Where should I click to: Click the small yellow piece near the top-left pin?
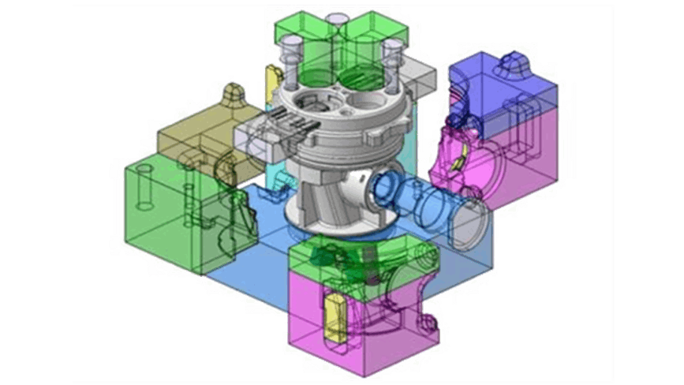[273, 80]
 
